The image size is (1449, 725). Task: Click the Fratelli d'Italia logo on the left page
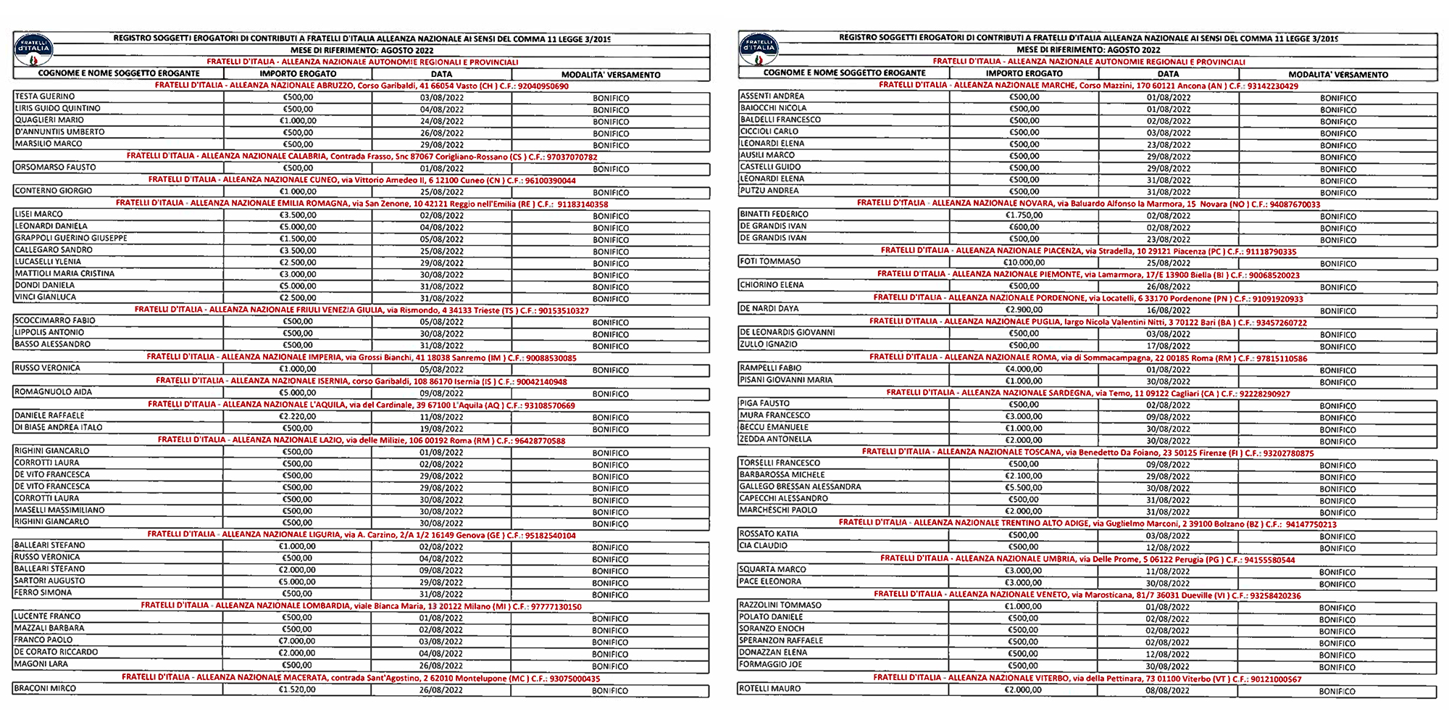34,49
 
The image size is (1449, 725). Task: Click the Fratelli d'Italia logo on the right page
759,49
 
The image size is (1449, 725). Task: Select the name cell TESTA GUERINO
45,96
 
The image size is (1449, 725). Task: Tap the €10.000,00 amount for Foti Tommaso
1024,262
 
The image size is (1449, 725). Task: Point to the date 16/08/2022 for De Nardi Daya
1168,310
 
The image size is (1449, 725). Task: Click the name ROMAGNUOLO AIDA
54,392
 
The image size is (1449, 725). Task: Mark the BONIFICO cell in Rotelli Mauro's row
1337,691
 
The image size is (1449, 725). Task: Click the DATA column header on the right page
1168,74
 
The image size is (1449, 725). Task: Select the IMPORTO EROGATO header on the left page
298,74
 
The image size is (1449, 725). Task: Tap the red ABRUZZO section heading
362,86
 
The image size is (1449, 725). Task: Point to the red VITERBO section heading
1087,679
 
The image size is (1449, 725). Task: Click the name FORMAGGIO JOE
771,665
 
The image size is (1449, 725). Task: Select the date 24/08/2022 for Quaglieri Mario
441,121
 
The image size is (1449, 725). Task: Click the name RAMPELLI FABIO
770,368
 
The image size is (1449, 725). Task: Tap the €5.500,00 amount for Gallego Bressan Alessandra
1024,488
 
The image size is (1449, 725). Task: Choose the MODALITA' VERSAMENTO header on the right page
1337,75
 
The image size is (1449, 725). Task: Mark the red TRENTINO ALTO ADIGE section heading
1087,523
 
